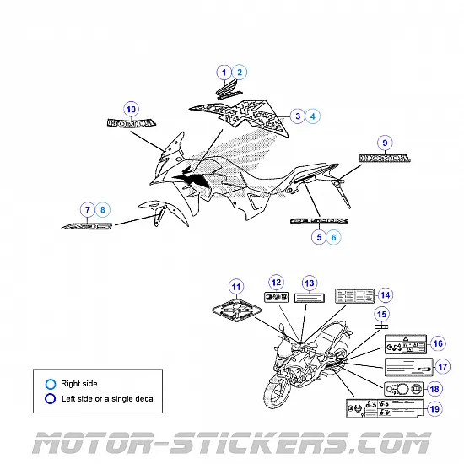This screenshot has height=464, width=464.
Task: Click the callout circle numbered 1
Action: tap(224, 73)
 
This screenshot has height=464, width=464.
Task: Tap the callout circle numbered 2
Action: tap(240, 73)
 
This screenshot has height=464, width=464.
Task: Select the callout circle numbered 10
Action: tap(131, 109)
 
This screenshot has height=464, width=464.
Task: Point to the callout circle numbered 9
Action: tap(385, 143)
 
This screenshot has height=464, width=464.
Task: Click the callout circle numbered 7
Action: tap(87, 209)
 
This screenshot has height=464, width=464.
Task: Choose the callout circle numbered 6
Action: tap(334, 238)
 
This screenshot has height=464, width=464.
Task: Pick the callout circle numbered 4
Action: tap(312, 116)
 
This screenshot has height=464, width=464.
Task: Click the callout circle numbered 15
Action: tap(381, 315)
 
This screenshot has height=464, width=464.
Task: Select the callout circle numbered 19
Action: tap(434, 409)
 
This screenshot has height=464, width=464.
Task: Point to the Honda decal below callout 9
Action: tap(385, 158)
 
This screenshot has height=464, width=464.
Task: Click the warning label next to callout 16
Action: tap(406, 344)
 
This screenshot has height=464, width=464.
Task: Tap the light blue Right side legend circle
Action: tap(51, 384)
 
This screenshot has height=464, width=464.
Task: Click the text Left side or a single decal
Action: tap(107, 398)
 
